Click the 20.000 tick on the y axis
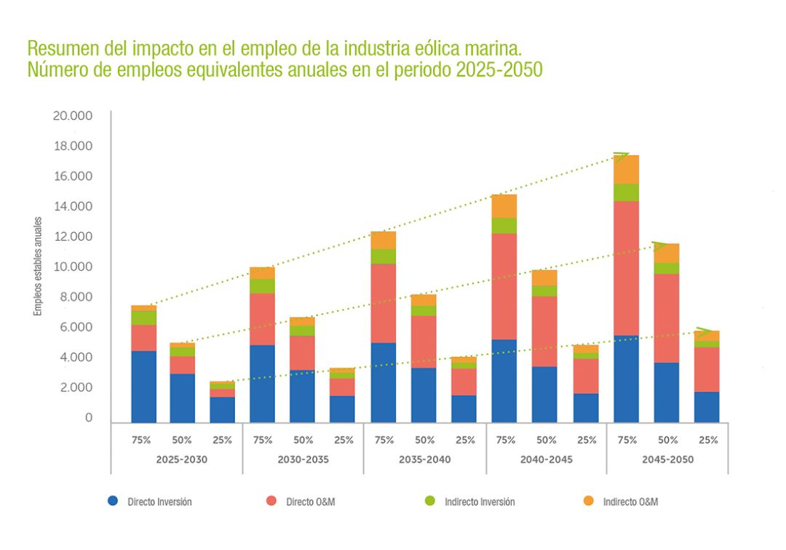(x=73, y=116)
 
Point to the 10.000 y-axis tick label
(x=73, y=267)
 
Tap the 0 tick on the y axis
(x=89, y=418)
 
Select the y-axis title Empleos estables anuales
(x=38, y=266)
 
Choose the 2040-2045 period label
(x=547, y=460)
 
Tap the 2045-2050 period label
(x=667, y=460)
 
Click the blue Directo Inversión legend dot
(x=113, y=501)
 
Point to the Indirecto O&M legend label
(x=630, y=501)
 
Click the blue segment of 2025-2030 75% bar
(x=143, y=386)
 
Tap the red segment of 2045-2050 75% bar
(x=627, y=268)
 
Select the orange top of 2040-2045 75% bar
(x=504, y=206)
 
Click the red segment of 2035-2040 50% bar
(x=424, y=341)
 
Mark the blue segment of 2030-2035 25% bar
(x=342, y=409)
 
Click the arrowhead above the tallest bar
(x=622, y=155)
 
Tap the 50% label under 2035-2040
(x=424, y=440)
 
